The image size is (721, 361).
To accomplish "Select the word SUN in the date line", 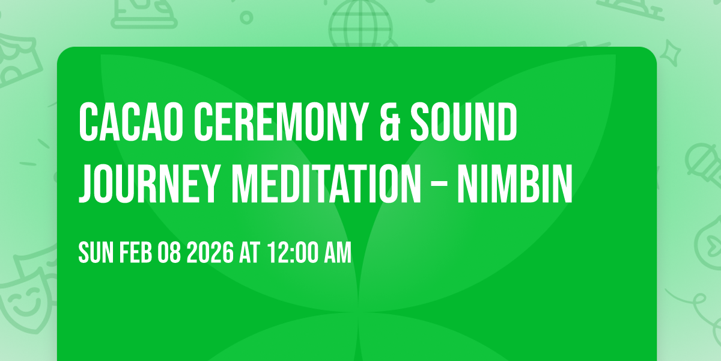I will pos(95,253).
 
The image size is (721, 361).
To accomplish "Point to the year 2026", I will pos(209,253).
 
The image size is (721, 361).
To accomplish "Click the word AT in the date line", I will pos(250,253).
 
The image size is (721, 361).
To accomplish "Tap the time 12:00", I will pos(291,253).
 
